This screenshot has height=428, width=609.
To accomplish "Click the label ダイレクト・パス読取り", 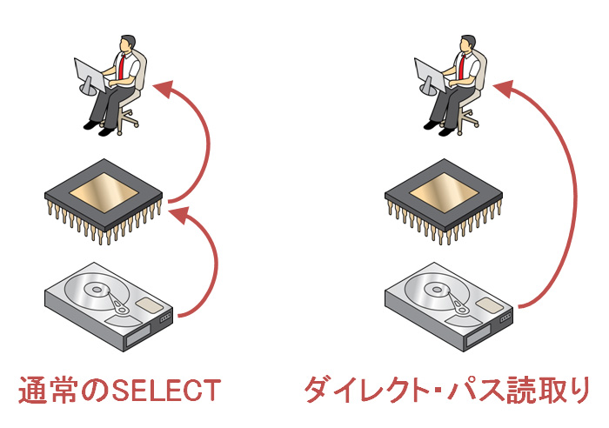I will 446,389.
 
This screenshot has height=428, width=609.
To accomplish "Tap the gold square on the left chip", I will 104,191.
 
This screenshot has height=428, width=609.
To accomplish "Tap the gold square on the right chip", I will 443,191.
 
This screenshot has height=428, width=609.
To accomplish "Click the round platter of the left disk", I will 94,294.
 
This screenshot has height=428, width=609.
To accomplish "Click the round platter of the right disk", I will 433,294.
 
